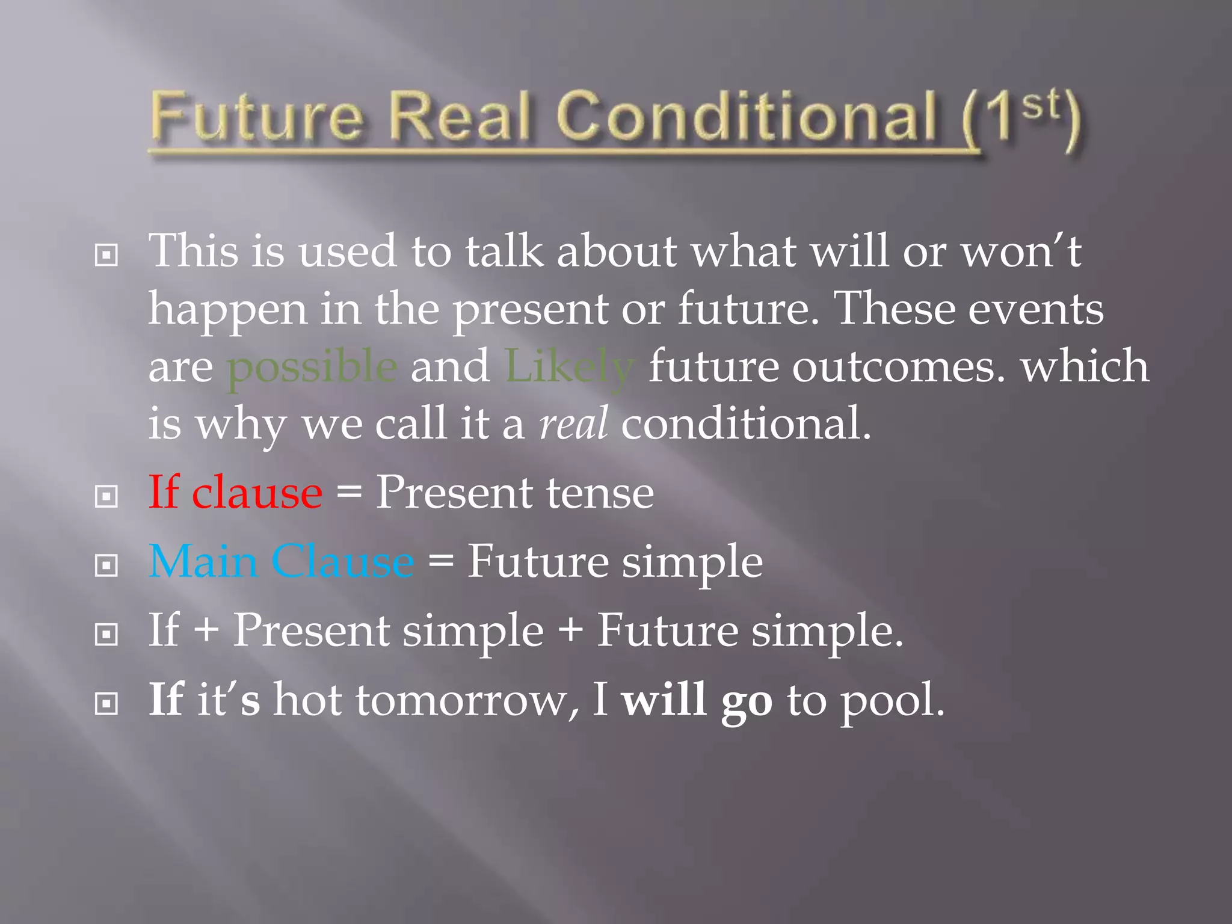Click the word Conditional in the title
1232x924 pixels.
point(746,117)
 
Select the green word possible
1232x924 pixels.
point(312,368)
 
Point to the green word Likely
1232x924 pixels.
point(569,368)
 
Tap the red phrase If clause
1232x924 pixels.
point(235,493)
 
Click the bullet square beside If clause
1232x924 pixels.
point(106,497)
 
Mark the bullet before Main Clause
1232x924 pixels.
point(106,565)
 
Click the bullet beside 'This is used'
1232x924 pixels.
point(106,256)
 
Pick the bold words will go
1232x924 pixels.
point(697,701)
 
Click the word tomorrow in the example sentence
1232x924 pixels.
point(466,701)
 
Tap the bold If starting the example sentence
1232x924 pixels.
point(165,700)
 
